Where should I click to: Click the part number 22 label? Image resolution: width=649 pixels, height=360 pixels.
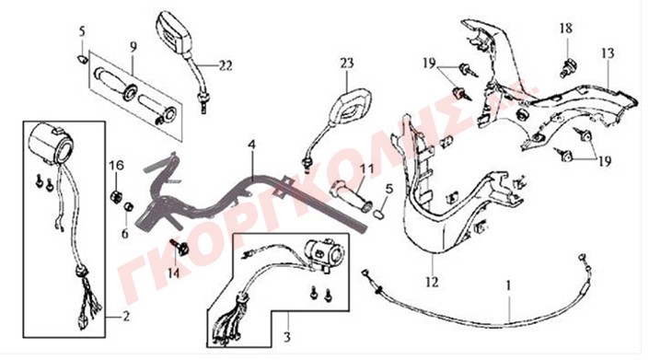tap(226, 65)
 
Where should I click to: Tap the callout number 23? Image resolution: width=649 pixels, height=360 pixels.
tap(347, 63)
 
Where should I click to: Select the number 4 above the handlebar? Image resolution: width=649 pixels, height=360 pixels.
tap(252, 145)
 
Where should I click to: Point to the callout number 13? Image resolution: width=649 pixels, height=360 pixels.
tap(608, 53)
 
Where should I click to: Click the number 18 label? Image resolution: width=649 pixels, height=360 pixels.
tap(566, 29)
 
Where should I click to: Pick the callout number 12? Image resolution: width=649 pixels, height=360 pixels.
tap(432, 283)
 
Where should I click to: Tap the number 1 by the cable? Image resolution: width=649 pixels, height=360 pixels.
tap(509, 285)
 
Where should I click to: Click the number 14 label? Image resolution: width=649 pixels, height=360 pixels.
tap(174, 273)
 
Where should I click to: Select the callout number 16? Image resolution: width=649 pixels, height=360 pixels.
tap(116, 166)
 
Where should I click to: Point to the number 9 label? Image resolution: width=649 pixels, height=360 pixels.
tap(133, 47)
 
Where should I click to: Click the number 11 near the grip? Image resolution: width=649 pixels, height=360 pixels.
tap(366, 168)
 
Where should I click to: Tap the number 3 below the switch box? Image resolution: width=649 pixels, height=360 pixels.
tap(287, 337)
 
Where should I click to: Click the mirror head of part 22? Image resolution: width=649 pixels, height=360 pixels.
tap(175, 32)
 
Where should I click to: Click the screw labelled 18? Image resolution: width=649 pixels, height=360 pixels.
tap(568, 68)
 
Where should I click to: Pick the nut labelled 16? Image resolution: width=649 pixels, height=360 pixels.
tap(116, 195)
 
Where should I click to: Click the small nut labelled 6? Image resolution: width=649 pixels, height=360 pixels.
tap(129, 206)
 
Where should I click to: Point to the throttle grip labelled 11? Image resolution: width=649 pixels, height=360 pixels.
tap(351, 196)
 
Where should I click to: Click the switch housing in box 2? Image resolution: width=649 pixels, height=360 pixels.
tap(51, 144)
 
